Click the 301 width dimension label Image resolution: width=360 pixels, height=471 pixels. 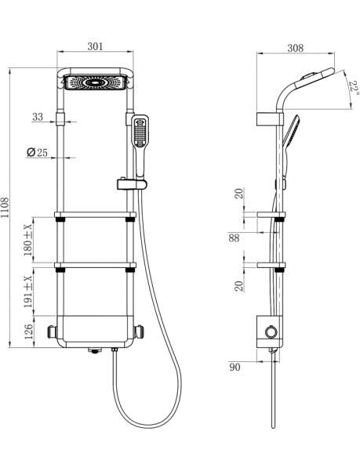(95, 46)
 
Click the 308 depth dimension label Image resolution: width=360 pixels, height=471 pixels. (296, 48)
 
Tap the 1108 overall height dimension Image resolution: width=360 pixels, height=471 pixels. (5, 208)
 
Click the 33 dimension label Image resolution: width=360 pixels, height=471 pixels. (38, 117)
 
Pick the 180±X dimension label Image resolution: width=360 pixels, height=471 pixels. (28, 240)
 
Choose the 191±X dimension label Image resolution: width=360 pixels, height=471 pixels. (28, 292)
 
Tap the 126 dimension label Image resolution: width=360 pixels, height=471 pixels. (29, 332)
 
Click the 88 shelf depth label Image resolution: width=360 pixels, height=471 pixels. (234, 238)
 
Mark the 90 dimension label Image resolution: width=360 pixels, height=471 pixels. (235, 367)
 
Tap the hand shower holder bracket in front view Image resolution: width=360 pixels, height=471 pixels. (132, 184)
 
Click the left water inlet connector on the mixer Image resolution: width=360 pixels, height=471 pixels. (52, 332)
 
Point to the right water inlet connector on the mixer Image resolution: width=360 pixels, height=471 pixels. (139, 332)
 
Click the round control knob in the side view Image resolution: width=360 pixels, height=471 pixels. (271, 332)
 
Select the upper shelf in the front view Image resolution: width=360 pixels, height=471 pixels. (95, 215)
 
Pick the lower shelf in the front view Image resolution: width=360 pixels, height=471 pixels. (95, 265)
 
